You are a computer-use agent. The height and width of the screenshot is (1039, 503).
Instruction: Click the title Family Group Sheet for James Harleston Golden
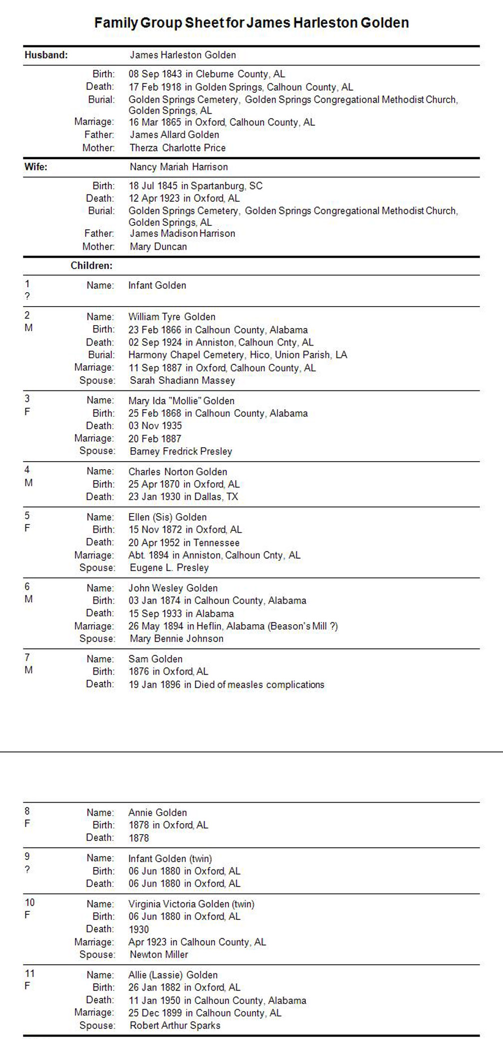click(251, 23)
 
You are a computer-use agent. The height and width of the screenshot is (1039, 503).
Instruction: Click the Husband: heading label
click(46, 55)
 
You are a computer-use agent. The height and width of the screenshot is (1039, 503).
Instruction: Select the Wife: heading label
click(35, 167)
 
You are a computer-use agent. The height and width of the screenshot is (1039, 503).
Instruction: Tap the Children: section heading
click(91, 266)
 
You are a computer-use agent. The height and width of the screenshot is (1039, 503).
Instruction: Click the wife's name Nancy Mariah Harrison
click(179, 167)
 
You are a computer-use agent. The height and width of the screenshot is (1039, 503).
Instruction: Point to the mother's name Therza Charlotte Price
click(178, 148)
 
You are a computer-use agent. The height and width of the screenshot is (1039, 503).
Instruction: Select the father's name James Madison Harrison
click(182, 233)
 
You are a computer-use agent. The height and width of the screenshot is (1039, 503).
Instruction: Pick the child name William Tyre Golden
click(172, 317)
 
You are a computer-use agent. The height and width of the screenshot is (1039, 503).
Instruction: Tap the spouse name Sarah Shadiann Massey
click(182, 380)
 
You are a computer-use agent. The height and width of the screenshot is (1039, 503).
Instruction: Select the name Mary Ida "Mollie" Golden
click(181, 400)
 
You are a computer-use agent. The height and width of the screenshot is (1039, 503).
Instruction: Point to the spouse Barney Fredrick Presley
click(181, 451)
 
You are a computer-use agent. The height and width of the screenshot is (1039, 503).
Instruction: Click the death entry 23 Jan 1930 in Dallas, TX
click(183, 497)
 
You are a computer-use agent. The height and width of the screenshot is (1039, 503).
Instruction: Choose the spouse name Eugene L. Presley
click(169, 567)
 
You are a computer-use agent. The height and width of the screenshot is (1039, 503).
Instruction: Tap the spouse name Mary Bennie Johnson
click(176, 639)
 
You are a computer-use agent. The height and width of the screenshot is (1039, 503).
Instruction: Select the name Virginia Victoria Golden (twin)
click(191, 904)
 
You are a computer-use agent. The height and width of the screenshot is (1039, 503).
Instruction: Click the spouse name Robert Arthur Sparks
click(175, 1026)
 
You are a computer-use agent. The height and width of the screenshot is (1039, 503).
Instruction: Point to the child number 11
click(29, 974)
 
